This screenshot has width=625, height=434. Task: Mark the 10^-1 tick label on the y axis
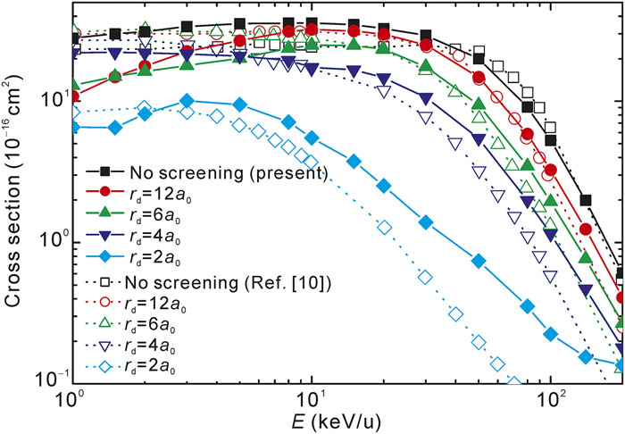[46, 382]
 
